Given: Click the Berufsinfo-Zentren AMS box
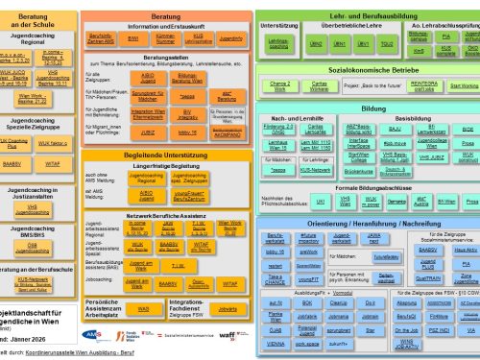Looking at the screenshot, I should point(103,38).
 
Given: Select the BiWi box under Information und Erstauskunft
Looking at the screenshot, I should point(132,38).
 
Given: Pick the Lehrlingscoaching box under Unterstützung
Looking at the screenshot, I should point(278,44).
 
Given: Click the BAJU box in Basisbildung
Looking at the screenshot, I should point(394,129).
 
